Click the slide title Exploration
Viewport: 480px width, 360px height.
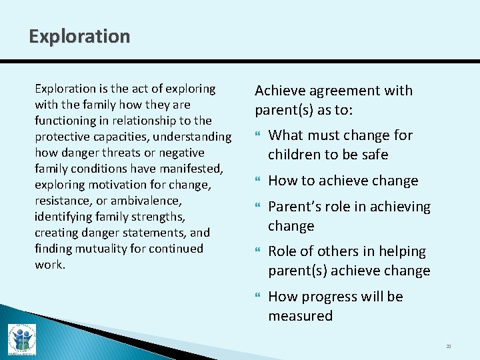point(79,36)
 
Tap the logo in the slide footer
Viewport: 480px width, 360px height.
point(22,339)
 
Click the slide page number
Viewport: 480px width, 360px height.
point(449,346)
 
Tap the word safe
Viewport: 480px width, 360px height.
point(374,155)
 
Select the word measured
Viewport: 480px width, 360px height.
point(300,316)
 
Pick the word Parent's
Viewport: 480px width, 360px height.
point(294,207)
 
